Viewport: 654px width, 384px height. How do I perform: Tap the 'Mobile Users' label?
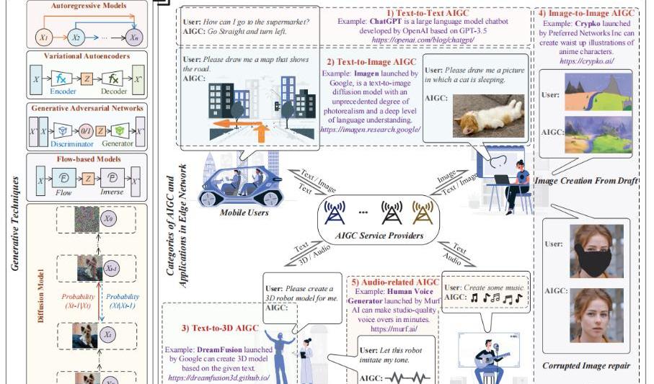pos(245,213)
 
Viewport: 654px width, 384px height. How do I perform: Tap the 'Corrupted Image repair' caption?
pos(585,366)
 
